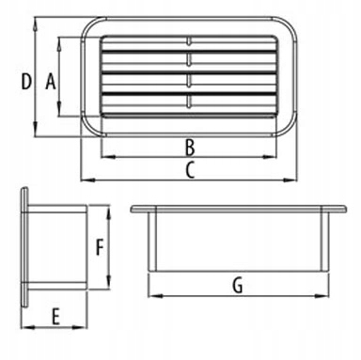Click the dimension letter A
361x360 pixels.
(51, 82)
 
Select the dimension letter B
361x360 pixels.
(190, 148)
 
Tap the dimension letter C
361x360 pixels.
(190, 170)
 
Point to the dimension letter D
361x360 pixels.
(26, 82)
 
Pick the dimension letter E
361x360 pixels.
(55, 317)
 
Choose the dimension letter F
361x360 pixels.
(100, 247)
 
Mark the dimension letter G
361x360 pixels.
(238, 286)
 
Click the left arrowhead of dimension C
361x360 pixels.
(87, 180)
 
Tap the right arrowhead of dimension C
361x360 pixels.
(290, 180)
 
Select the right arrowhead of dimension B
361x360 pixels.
(271, 157)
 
